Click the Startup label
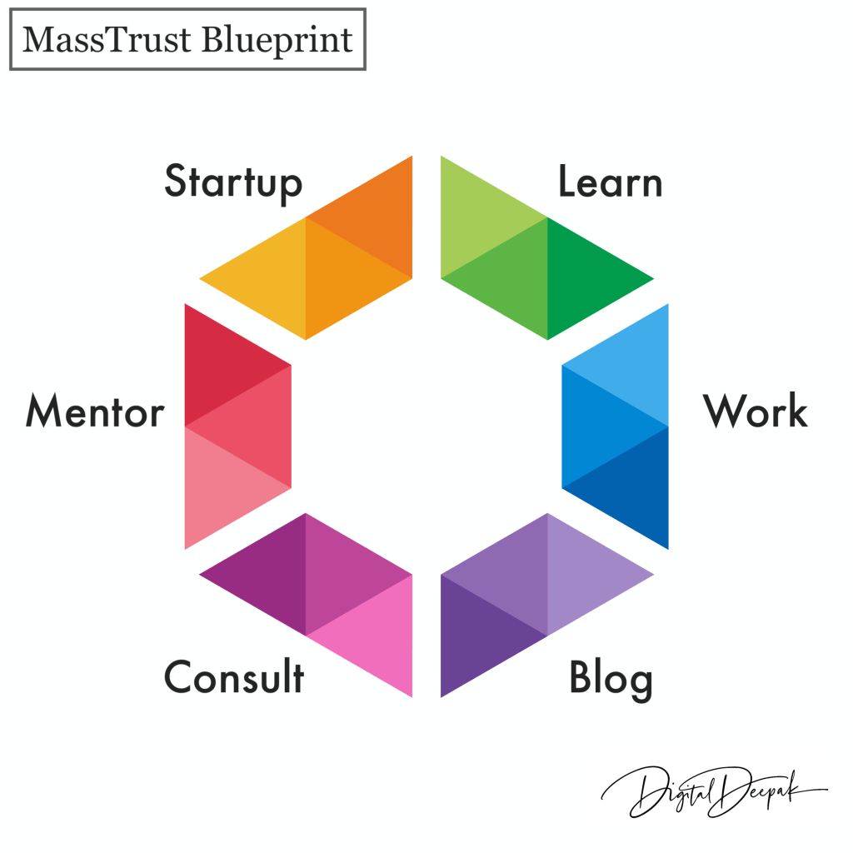pos(233,183)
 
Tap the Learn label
pos(611,181)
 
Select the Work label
pos(755,411)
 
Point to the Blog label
pos(611,680)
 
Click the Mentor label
pos(95,412)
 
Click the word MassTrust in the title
pos(107,40)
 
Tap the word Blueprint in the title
pos(277,41)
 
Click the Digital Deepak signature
pos(714,791)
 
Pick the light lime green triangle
pos(476,217)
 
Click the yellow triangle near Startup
pos(271,278)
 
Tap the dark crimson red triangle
pos(220,365)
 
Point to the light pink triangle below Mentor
pos(220,488)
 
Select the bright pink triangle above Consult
pos(377,636)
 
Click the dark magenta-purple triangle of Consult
pos(271,574)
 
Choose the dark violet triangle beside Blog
pos(476,636)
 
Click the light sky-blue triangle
pos(633,365)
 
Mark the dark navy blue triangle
pos(633,488)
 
